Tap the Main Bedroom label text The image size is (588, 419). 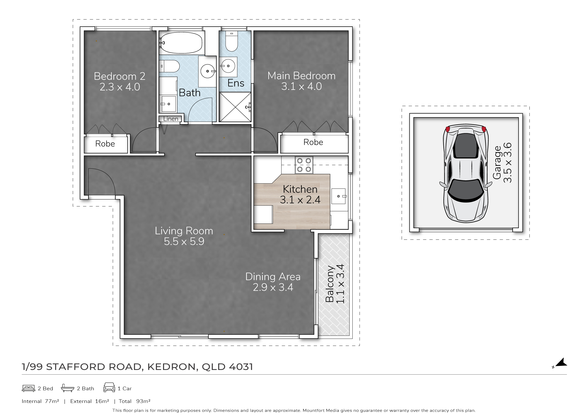point(301,76)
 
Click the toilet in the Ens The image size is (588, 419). point(232,41)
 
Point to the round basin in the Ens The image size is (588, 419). point(228,66)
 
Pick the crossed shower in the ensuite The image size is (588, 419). point(235,107)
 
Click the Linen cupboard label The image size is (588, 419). point(171,119)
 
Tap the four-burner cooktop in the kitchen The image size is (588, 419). point(304,165)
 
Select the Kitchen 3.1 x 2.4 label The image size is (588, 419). point(300,194)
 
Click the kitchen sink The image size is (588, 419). point(339,196)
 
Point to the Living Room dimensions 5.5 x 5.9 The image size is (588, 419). point(184,241)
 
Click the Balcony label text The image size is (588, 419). point(330,284)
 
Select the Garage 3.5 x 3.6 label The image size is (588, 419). point(502,162)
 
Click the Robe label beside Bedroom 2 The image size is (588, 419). point(105,144)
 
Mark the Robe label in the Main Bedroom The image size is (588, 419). point(313,142)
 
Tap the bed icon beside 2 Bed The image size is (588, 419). point(28,388)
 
